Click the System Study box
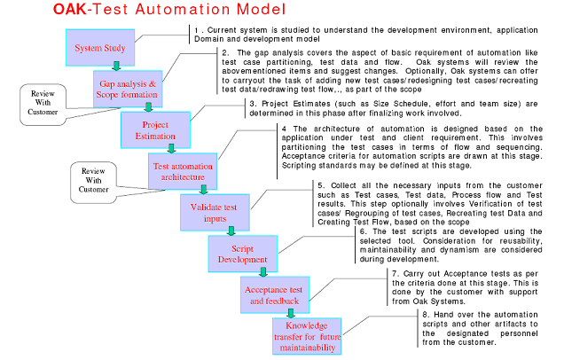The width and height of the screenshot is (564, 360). (x=100, y=48)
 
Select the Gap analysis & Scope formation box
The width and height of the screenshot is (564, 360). (x=128, y=89)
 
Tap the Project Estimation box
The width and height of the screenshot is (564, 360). (x=155, y=130)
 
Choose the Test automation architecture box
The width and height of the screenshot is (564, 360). (x=183, y=171)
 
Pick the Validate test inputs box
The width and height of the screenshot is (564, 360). (x=215, y=213)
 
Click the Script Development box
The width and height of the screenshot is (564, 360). (x=242, y=254)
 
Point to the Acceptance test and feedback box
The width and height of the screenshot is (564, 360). (x=274, y=295)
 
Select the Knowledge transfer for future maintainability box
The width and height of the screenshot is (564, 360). (x=307, y=336)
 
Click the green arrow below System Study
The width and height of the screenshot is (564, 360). (x=116, y=67)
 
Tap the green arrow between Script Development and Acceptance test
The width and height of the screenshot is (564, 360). (x=263, y=272)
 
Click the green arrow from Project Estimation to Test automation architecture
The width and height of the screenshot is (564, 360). (x=171, y=149)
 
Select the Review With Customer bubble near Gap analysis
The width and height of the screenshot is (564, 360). (x=43, y=105)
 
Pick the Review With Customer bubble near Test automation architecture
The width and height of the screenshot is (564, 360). (x=93, y=182)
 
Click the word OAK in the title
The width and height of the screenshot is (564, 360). (x=70, y=9)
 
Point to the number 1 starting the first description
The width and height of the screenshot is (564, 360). (x=196, y=30)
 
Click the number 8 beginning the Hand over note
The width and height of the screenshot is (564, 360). (x=426, y=315)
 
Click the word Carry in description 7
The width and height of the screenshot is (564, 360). (x=413, y=274)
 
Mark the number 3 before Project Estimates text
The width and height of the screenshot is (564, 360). (x=253, y=104)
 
